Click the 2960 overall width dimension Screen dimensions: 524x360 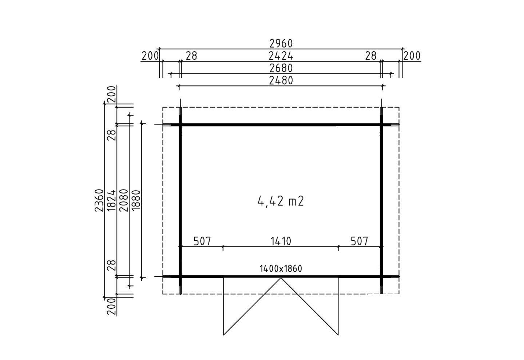[281, 44]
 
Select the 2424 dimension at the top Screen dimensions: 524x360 [281, 56]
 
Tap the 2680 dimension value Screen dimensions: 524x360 [281, 68]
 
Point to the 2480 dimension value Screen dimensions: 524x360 [281, 81]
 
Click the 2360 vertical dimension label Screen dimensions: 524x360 [99, 200]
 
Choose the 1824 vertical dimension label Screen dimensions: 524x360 [111, 200]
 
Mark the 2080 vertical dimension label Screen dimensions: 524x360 [124, 200]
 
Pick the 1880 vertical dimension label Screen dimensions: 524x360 [136, 200]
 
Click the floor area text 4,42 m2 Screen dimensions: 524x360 [281, 201]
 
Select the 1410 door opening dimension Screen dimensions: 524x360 [281, 241]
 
